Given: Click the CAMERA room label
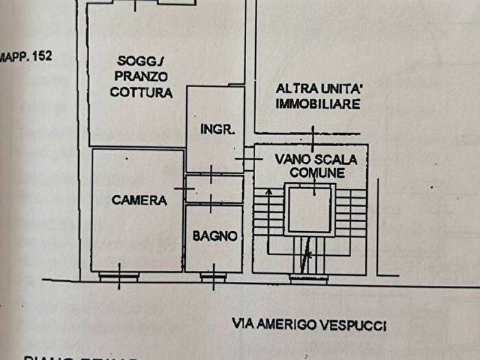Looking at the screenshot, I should pyautogui.click(x=139, y=200).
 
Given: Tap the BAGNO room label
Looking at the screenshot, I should pyautogui.click(x=215, y=236).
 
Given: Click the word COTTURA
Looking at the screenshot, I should pyautogui.click(x=141, y=93).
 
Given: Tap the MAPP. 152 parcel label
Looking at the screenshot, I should pyautogui.click(x=25, y=57).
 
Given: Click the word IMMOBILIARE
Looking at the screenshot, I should pyautogui.click(x=317, y=104).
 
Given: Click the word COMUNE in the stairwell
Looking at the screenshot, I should pyautogui.click(x=316, y=173).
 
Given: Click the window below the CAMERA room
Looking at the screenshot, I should pyautogui.click(x=119, y=276).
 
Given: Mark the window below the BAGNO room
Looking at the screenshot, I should pyautogui.click(x=213, y=276).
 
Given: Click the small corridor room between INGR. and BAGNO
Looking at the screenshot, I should pyautogui.click(x=215, y=189).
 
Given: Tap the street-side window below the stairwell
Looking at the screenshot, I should pyautogui.click(x=309, y=278).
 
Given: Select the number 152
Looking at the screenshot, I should pyautogui.click(x=40, y=57).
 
